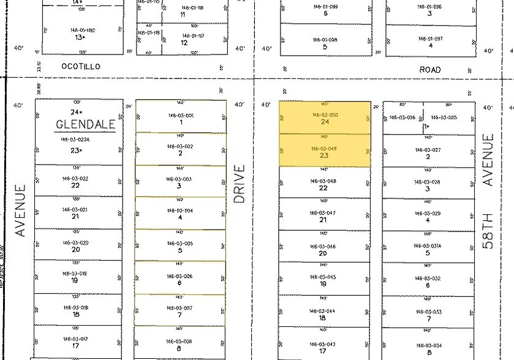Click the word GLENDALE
pos(86,124)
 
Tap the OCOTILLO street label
pos(80,67)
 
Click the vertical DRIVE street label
pos(240,183)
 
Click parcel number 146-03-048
pos(323,181)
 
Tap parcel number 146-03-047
pos(323,212)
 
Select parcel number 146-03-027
pos(428,149)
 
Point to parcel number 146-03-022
pos(76,178)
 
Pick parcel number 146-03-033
pos(428,311)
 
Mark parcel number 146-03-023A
pos(76,140)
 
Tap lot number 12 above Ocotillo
pos(184,42)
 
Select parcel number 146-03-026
pos(403,117)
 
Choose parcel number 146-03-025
pos(444,117)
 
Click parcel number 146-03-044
pos(323,310)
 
